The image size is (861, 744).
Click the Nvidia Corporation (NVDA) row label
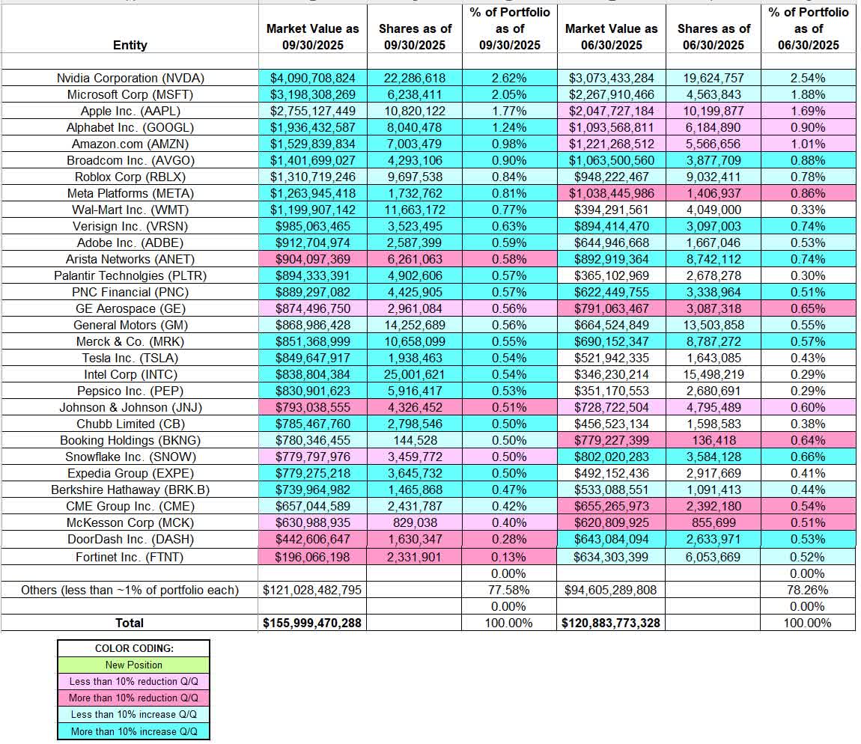pos(130,78)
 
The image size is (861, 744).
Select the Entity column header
pos(130,45)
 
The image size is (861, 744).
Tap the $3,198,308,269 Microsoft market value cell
pos(312,94)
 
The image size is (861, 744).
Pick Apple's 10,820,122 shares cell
pos(415,111)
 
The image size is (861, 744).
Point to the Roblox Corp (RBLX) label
pos(130,177)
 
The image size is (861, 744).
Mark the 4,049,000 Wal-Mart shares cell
pos(711,210)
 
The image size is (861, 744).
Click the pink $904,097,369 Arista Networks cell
pos(312,259)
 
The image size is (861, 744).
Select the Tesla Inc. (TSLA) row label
pos(130,358)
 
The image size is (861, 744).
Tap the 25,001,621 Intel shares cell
pos(415,374)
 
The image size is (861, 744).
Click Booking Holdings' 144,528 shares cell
pos(415,440)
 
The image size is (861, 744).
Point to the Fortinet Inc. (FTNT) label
pos(130,556)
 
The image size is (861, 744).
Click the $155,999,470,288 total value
pos(312,623)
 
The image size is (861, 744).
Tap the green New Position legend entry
pos(133,665)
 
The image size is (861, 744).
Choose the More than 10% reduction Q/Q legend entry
pos(133,698)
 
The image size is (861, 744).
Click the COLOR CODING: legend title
pos(133,648)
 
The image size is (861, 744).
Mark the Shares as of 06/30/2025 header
pos(711,37)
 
